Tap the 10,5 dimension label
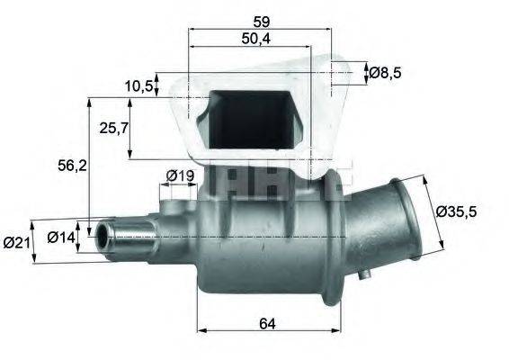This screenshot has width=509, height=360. coord(138,85)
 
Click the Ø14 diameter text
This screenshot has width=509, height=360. coord(60,238)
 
